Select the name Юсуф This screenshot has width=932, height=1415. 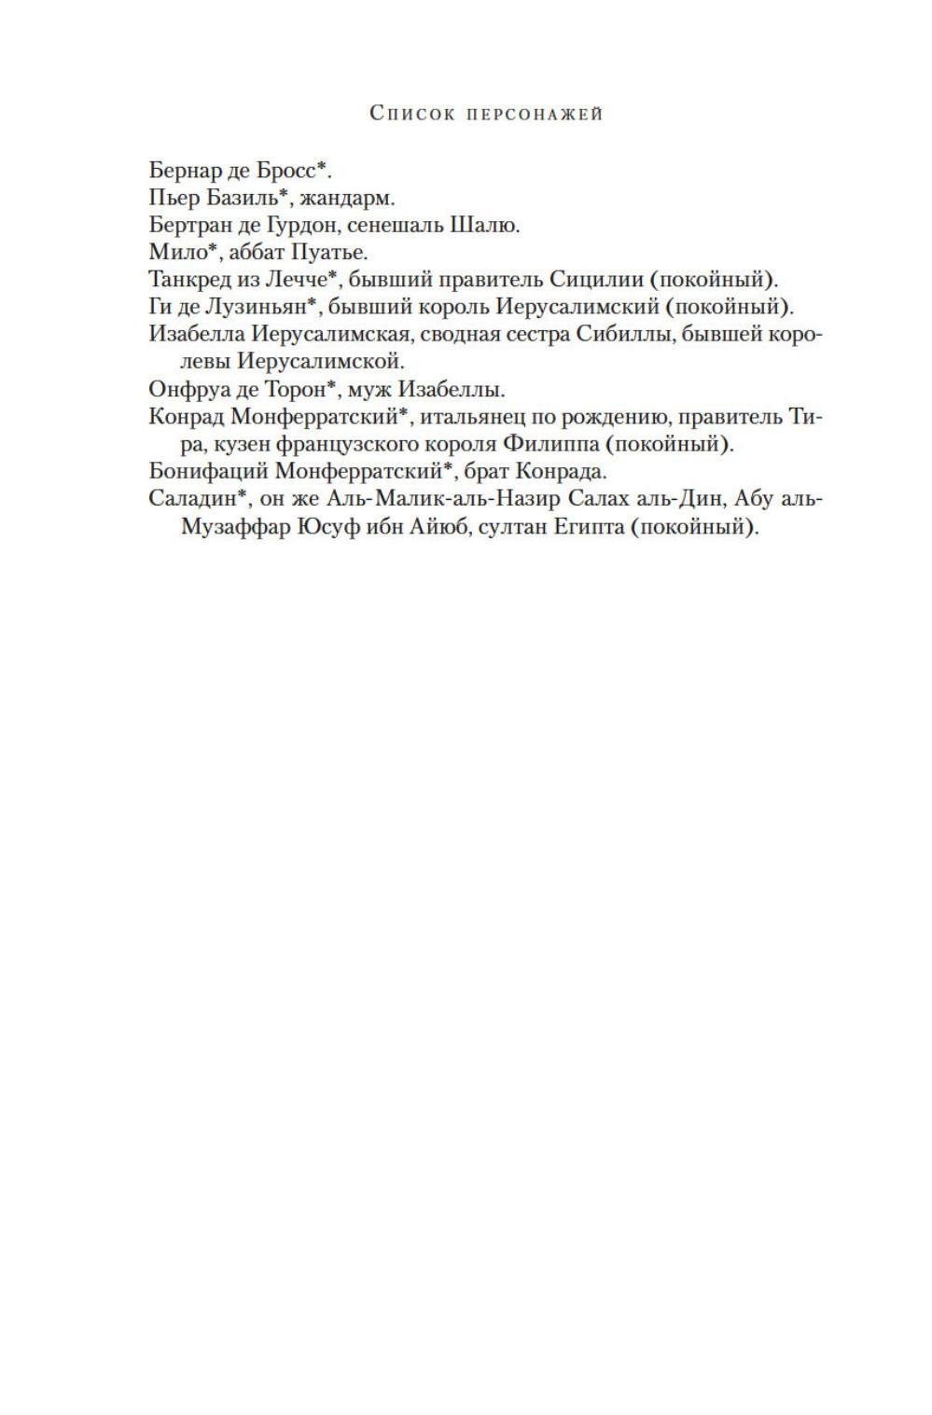329,525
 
